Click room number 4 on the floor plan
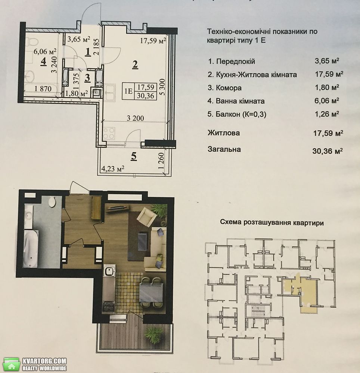(x=43, y=62)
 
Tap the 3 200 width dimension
(x=135, y=118)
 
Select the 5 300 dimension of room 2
(x=162, y=87)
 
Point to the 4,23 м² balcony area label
(x=113, y=169)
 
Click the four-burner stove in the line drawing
(x=109, y=133)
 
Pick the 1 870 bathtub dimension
(x=43, y=89)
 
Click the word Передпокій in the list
(x=236, y=62)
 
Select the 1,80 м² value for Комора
(x=327, y=87)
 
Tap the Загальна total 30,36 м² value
(x=328, y=151)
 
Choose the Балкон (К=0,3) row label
(x=237, y=114)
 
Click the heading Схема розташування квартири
(x=271, y=223)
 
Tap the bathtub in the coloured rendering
(x=31, y=248)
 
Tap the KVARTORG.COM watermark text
(x=44, y=361)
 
